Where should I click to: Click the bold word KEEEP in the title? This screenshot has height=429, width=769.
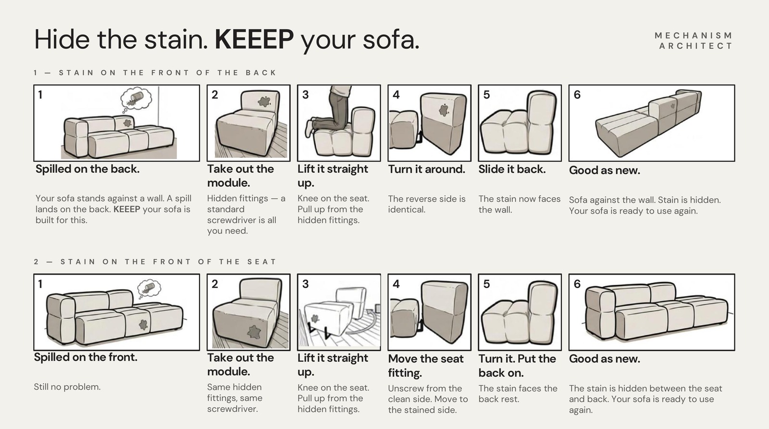(254, 39)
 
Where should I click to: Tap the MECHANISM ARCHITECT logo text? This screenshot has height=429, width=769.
(694, 40)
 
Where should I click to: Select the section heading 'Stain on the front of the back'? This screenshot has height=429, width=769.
(155, 73)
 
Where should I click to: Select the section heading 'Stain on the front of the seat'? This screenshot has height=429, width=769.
(155, 262)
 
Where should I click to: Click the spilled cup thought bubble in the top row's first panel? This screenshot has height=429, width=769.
(136, 99)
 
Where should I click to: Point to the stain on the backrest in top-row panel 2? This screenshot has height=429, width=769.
(264, 101)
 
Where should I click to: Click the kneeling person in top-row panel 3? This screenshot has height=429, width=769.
(330, 110)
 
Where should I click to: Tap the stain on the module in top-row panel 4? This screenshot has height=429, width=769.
(444, 110)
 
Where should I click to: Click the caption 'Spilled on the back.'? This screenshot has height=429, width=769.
(87, 169)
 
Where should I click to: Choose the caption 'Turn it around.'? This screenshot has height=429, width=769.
(427, 169)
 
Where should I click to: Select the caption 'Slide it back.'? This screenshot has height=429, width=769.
(512, 169)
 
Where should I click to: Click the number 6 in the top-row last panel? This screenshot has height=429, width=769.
(577, 95)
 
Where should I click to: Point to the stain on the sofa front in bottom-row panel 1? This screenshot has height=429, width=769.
(143, 325)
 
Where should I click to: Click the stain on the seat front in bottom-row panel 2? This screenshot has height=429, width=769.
(254, 332)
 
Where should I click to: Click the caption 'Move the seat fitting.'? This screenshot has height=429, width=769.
(426, 366)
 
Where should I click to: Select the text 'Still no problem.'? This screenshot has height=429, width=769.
(67, 387)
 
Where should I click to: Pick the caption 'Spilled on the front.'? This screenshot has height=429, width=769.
(86, 357)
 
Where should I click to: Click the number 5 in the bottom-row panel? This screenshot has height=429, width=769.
(486, 284)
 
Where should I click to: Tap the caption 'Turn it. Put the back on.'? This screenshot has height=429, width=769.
(517, 366)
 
